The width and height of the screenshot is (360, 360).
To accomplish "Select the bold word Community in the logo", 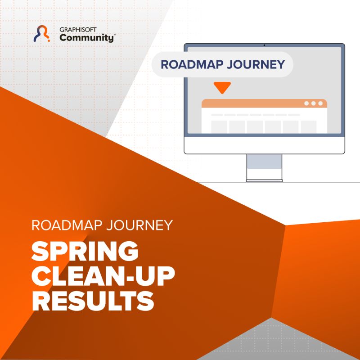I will coord(86,38).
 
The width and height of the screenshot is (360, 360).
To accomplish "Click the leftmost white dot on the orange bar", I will coord(306,103).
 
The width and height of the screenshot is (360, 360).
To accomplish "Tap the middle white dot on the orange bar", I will coord(313,103).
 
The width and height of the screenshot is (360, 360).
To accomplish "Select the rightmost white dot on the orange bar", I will coord(320,103).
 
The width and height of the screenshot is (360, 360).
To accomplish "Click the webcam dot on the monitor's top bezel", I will coord(264,45).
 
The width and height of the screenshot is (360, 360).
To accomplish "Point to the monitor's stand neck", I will coord(264,167).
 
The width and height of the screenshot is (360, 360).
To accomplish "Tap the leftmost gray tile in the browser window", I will coord(219,126).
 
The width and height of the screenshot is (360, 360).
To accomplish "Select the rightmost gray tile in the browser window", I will coord(308,126).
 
